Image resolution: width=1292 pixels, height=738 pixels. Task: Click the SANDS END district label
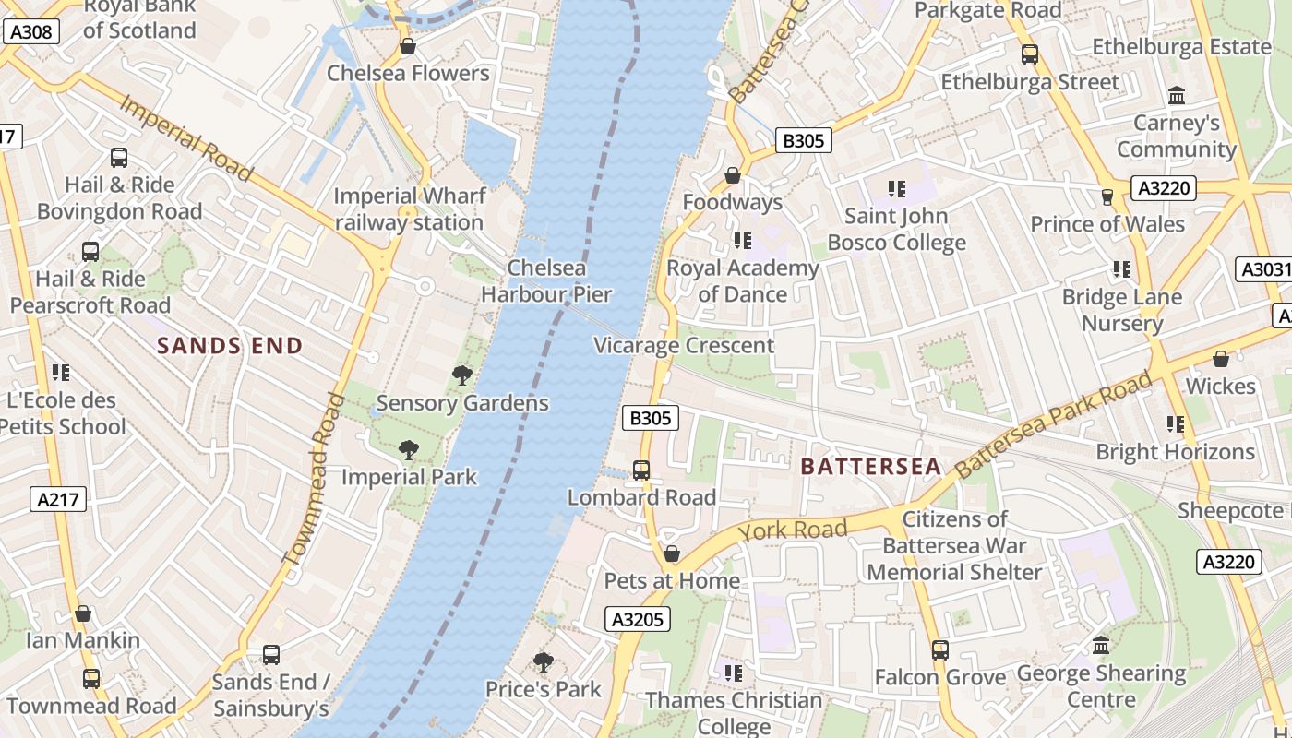point(230,346)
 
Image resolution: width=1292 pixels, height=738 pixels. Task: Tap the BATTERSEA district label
point(870,467)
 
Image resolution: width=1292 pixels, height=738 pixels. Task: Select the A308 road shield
point(30,32)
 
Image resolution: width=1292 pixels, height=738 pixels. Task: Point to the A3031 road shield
point(1262,269)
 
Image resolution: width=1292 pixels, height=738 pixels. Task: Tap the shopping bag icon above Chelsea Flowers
point(407,46)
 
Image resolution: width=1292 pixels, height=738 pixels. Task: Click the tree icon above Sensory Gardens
point(462,375)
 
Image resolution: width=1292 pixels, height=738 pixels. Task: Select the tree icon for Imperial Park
point(408,450)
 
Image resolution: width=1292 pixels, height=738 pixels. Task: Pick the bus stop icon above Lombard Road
point(641,470)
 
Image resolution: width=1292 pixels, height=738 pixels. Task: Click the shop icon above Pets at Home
point(672,553)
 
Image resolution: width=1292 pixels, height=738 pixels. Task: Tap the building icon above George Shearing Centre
point(1101,646)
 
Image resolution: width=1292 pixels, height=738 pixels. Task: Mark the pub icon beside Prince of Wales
point(1107,196)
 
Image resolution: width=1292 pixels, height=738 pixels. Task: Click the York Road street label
point(793,530)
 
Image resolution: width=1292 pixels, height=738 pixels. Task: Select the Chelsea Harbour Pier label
point(546,281)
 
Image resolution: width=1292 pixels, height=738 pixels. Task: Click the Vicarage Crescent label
point(684,346)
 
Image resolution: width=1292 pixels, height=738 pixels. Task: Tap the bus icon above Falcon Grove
point(939,650)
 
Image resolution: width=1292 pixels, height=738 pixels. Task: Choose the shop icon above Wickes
point(1220,359)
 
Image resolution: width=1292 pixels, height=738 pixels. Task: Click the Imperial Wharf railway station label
point(409,209)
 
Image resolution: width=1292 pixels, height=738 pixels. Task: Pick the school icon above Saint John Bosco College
point(896,189)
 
